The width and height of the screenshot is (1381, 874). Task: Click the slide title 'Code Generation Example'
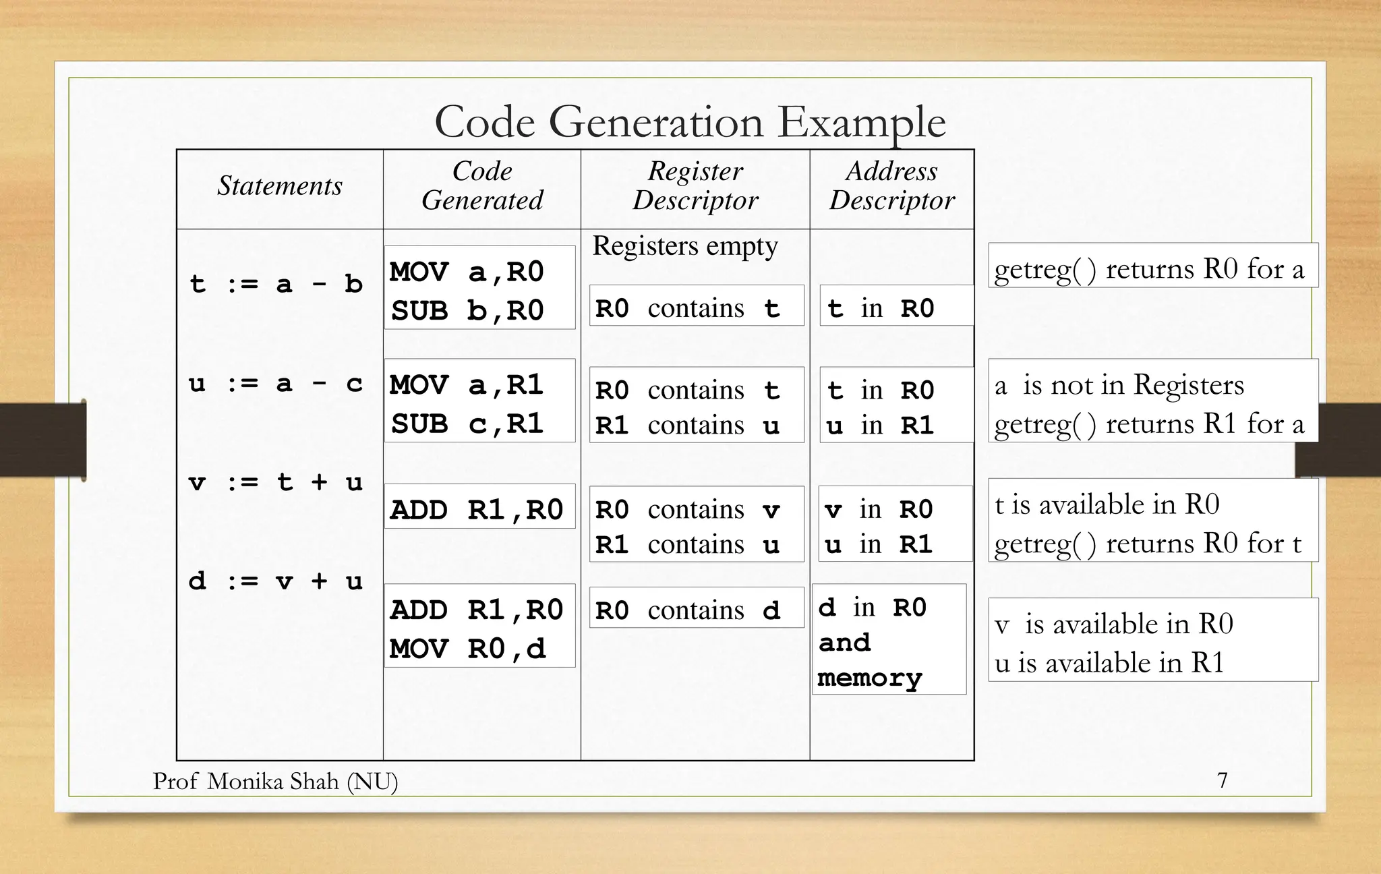coord(690,122)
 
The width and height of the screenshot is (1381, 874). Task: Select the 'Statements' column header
coord(280,186)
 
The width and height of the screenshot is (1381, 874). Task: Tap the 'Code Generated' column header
coord(482,186)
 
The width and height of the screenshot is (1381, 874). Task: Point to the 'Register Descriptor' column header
coord(695,186)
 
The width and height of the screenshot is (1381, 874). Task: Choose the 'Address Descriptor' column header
coord(891,186)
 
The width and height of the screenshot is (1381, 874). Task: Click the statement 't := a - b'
coord(276,284)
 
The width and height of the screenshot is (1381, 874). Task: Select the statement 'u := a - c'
coord(276,384)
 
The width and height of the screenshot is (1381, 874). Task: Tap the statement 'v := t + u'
coord(276,482)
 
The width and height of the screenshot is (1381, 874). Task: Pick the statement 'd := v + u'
coord(276,581)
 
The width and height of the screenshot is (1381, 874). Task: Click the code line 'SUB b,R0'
coord(467,311)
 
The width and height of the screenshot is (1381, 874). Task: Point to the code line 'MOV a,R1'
coord(467,385)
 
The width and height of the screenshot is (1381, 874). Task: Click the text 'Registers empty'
coord(685,246)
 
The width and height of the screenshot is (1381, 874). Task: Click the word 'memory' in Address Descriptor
coord(869,678)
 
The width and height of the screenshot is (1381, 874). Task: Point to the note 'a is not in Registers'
coord(1119,385)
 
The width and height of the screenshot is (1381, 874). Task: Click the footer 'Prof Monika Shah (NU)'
coord(275,781)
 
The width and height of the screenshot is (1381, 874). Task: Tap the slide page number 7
coord(1222,780)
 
